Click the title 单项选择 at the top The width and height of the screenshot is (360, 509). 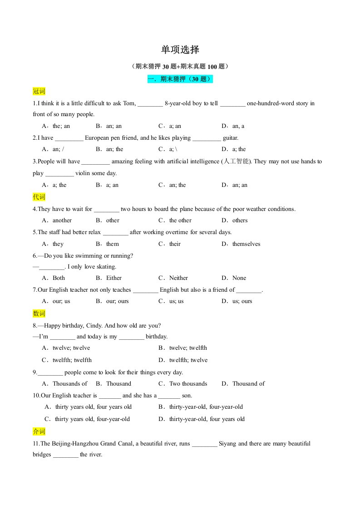(x=180, y=49)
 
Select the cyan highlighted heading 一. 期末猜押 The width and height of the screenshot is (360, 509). (x=180, y=79)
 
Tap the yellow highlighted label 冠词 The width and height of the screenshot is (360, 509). (x=39, y=91)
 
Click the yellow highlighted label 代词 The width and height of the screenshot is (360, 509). (x=39, y=197)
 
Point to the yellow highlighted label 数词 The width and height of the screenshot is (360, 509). (x=39, y=313)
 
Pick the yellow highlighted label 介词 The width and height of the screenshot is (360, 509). (x=39, y=431)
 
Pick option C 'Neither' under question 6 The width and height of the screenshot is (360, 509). (x=178, y=278)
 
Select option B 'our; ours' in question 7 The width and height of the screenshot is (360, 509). (x=117, y=301)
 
